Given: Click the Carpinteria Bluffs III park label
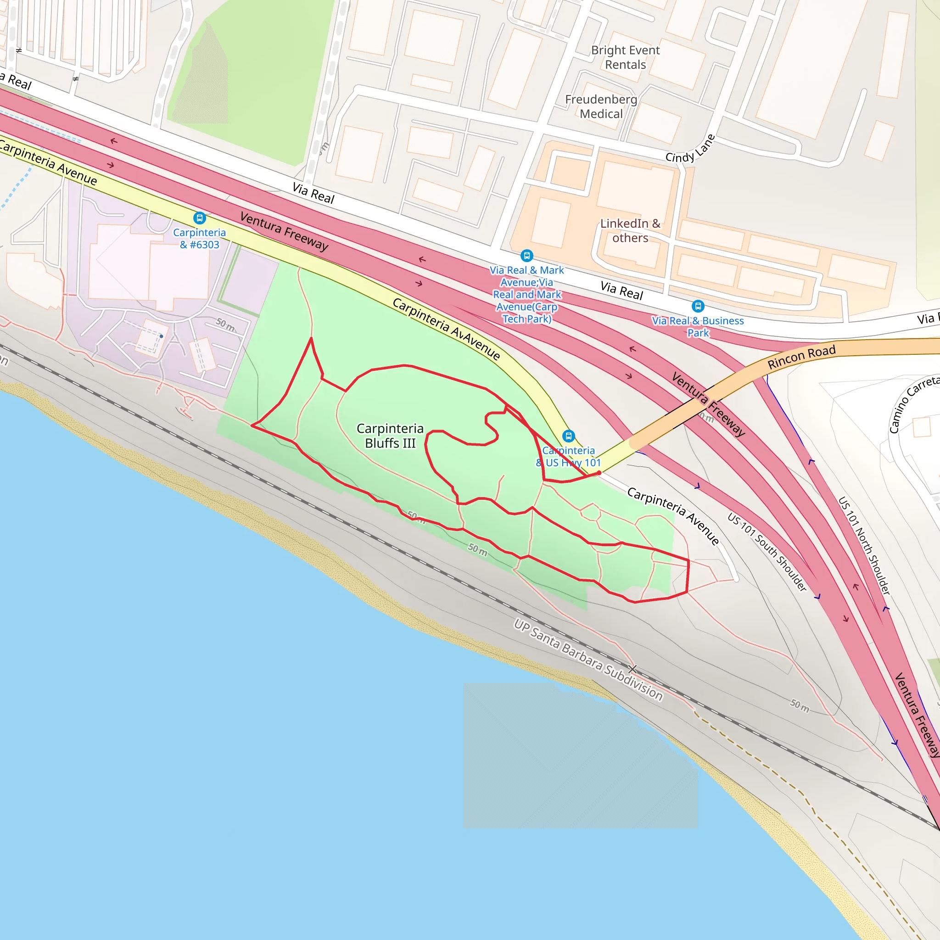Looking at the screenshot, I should [x=390, y=436].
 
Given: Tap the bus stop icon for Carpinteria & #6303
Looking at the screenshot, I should [x=200, y=218].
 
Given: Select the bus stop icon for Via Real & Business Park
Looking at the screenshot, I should [x=698, y=306].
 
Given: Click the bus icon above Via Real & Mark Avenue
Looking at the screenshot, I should [x=526, y=256].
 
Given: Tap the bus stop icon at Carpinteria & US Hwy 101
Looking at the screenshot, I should [x=568, y=436].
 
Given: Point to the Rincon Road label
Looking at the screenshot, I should [x=801, y=357].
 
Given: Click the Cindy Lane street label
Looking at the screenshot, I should [x=690, y=149].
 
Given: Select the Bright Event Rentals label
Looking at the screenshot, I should [x=625, y=57].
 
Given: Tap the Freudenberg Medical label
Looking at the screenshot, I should [x=601, y=106].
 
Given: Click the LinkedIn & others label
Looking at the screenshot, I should [x=630, y=230].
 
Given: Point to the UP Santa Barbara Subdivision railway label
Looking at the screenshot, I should [x=588, y=660].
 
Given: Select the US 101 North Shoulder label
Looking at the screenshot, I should [x=864, y=545].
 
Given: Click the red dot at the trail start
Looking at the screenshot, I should [x=599, y=472].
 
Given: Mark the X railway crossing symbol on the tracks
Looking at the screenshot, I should [x=632, y=670].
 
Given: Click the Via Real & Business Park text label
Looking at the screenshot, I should [x=698, y=327].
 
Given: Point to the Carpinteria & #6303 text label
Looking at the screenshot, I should [x=200, y=239].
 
